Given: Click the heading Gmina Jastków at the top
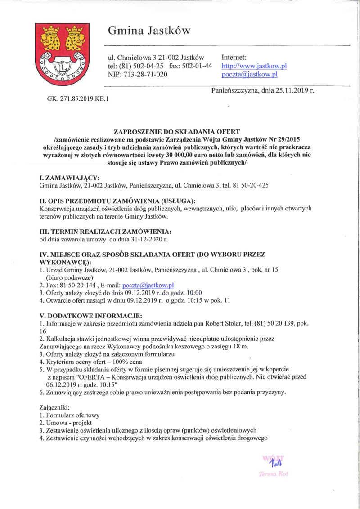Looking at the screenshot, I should pyautogui.click(x=149, y=31).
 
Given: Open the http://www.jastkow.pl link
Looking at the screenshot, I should pyautogui.click(x=254, y=66).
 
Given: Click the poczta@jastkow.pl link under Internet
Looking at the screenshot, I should pyautogui.click(x=249, y=74).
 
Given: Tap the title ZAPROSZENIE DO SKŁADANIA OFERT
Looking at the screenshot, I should pyautogui.click(x=177, y=133).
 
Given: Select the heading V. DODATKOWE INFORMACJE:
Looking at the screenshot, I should pyautogui.click(x=91, y=315).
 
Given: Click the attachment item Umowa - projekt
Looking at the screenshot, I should pyautogui.click(x=68, y=423).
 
